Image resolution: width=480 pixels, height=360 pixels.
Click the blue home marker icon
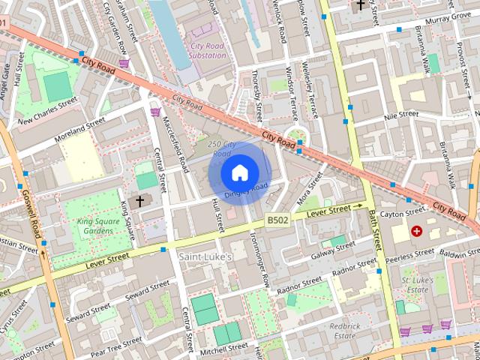[239, 172]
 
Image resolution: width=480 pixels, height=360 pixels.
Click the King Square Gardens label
[97, 226]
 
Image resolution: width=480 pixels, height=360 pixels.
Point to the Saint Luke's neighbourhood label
[205, 257]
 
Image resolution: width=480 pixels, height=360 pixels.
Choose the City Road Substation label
[206, 50]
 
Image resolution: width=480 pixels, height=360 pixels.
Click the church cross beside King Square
[137, 201]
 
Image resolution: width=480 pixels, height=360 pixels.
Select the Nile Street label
[400, 115]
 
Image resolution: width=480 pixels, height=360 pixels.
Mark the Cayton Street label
[402, 214]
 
